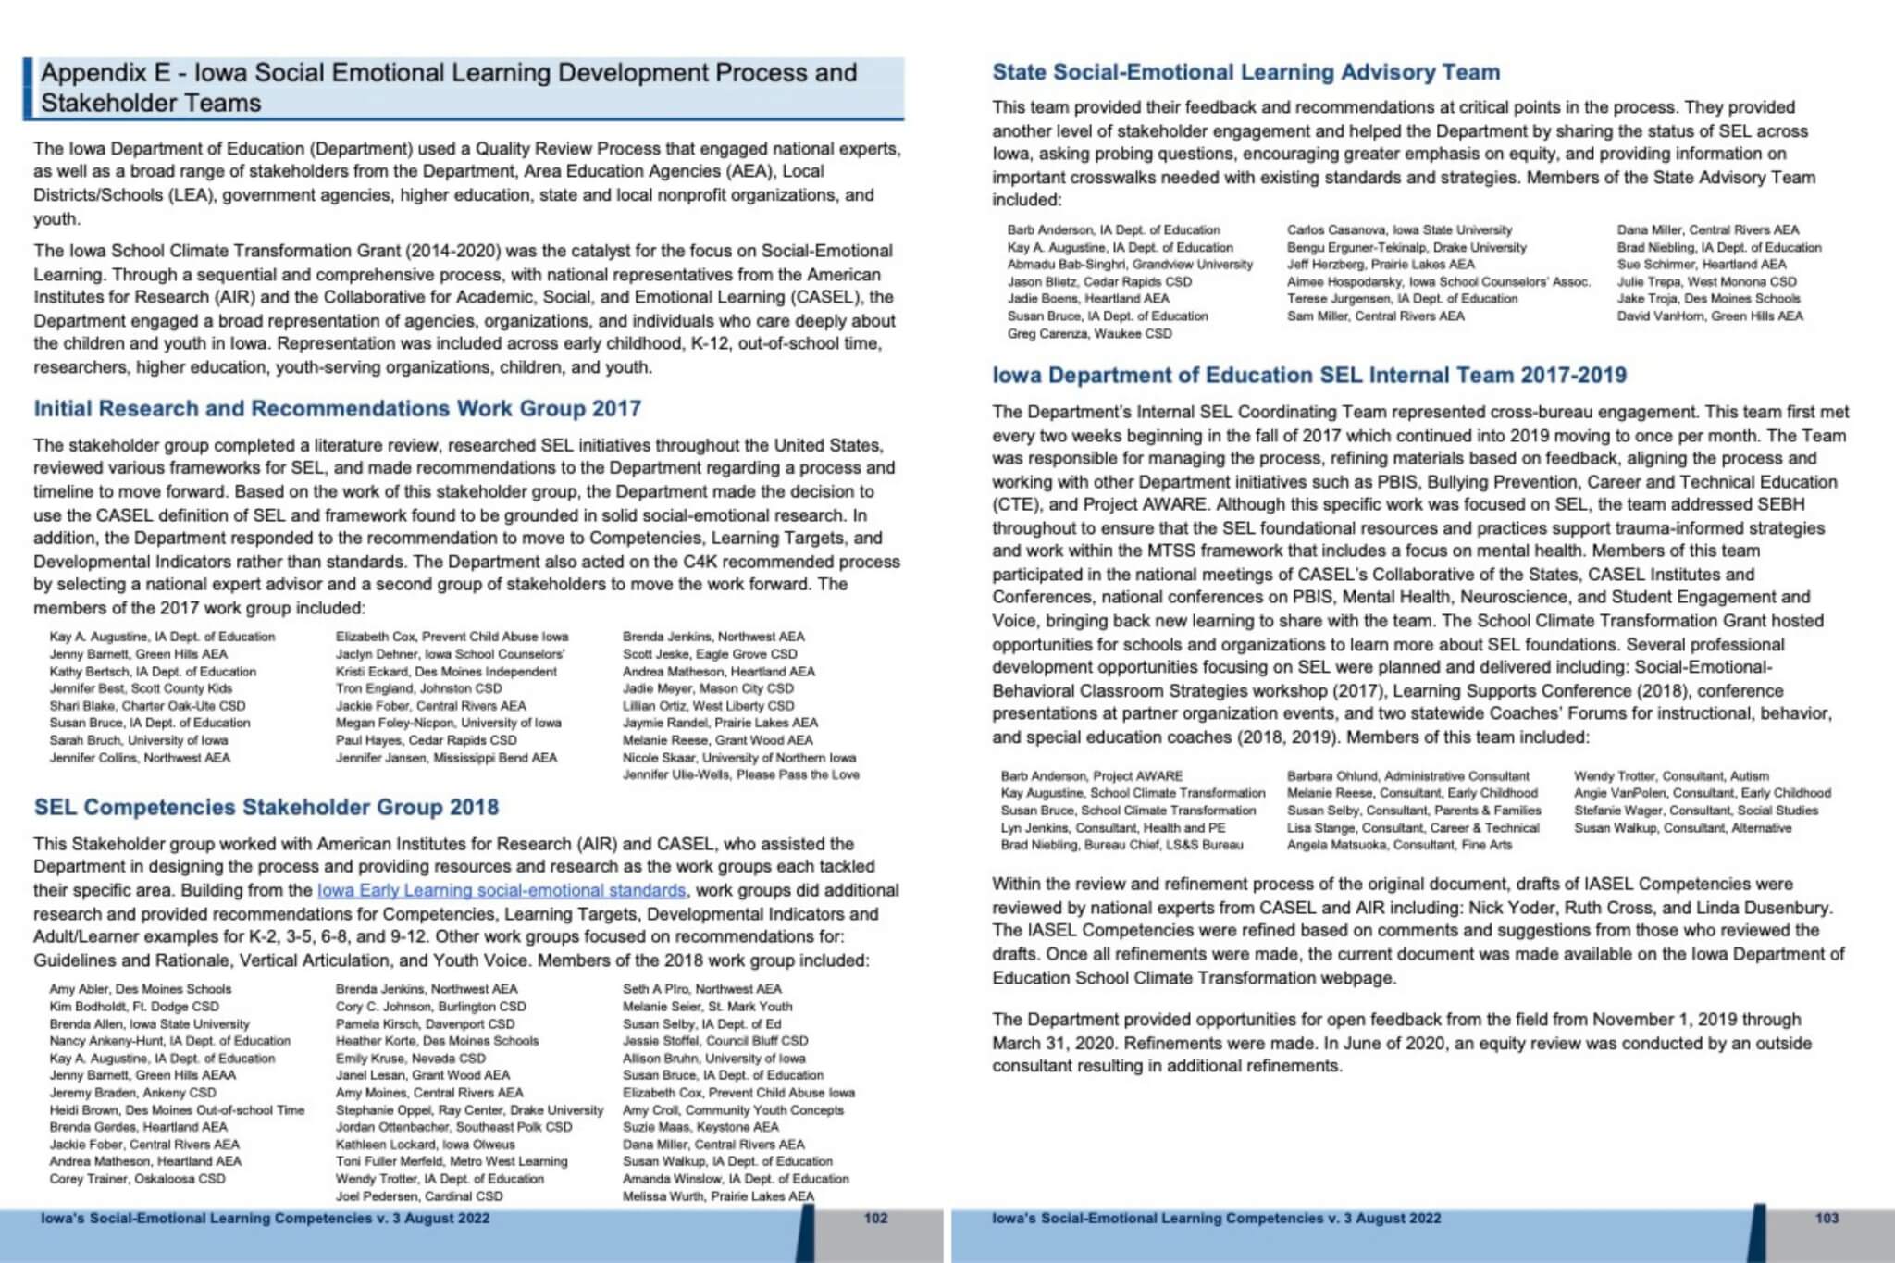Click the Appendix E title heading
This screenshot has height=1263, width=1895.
[449, 87]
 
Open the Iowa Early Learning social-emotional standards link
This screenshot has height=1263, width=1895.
[501, 890]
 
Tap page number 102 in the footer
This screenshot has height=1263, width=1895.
[875, 1218]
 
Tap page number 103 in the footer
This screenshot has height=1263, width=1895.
[1827, 1218]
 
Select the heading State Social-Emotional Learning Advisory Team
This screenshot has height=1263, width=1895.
[1245, 72]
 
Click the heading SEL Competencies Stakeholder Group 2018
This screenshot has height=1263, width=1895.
[266, 807]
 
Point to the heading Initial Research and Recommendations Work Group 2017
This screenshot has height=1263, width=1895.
[337, 409]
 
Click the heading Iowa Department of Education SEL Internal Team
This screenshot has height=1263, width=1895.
[1308, 375]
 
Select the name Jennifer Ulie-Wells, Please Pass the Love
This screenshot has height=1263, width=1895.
[740, 774]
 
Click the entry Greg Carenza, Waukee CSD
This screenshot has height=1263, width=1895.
[1089, 333]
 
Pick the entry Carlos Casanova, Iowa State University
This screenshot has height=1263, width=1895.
[1399, 229]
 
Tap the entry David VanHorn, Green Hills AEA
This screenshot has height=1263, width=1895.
[1709, 316]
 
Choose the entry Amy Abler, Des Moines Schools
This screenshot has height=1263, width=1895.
[141, 989]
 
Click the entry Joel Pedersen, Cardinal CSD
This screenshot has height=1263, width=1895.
[419, 1195]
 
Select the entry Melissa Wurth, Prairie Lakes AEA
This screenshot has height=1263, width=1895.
[718, 1195]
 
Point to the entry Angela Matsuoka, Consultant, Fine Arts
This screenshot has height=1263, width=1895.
[1399, 845]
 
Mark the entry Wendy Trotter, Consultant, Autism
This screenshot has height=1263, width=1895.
[1671, 776]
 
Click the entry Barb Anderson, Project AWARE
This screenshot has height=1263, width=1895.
[1091, 776]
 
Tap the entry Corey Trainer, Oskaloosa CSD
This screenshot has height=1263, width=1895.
[137, 1179]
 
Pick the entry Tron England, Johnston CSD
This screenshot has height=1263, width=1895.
[418, 688]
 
